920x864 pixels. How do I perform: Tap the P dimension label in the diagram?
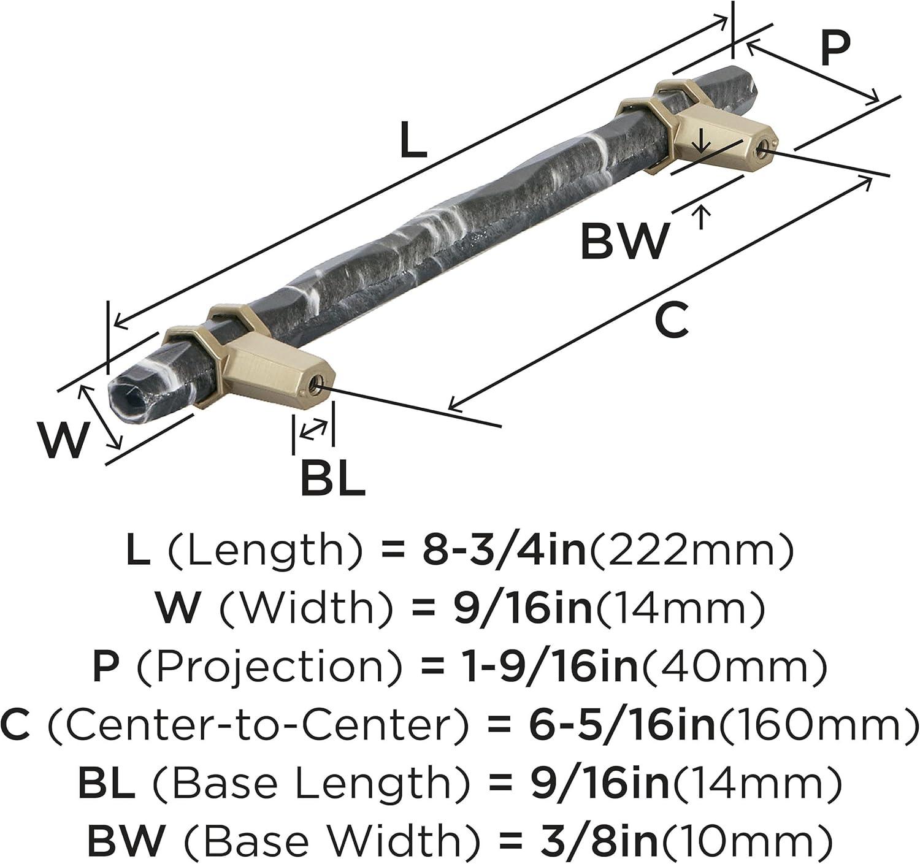point(835,49)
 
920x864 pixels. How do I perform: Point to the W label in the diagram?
point(63,440)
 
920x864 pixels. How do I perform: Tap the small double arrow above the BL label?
point(313,429)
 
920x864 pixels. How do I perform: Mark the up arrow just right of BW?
point(702,218)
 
